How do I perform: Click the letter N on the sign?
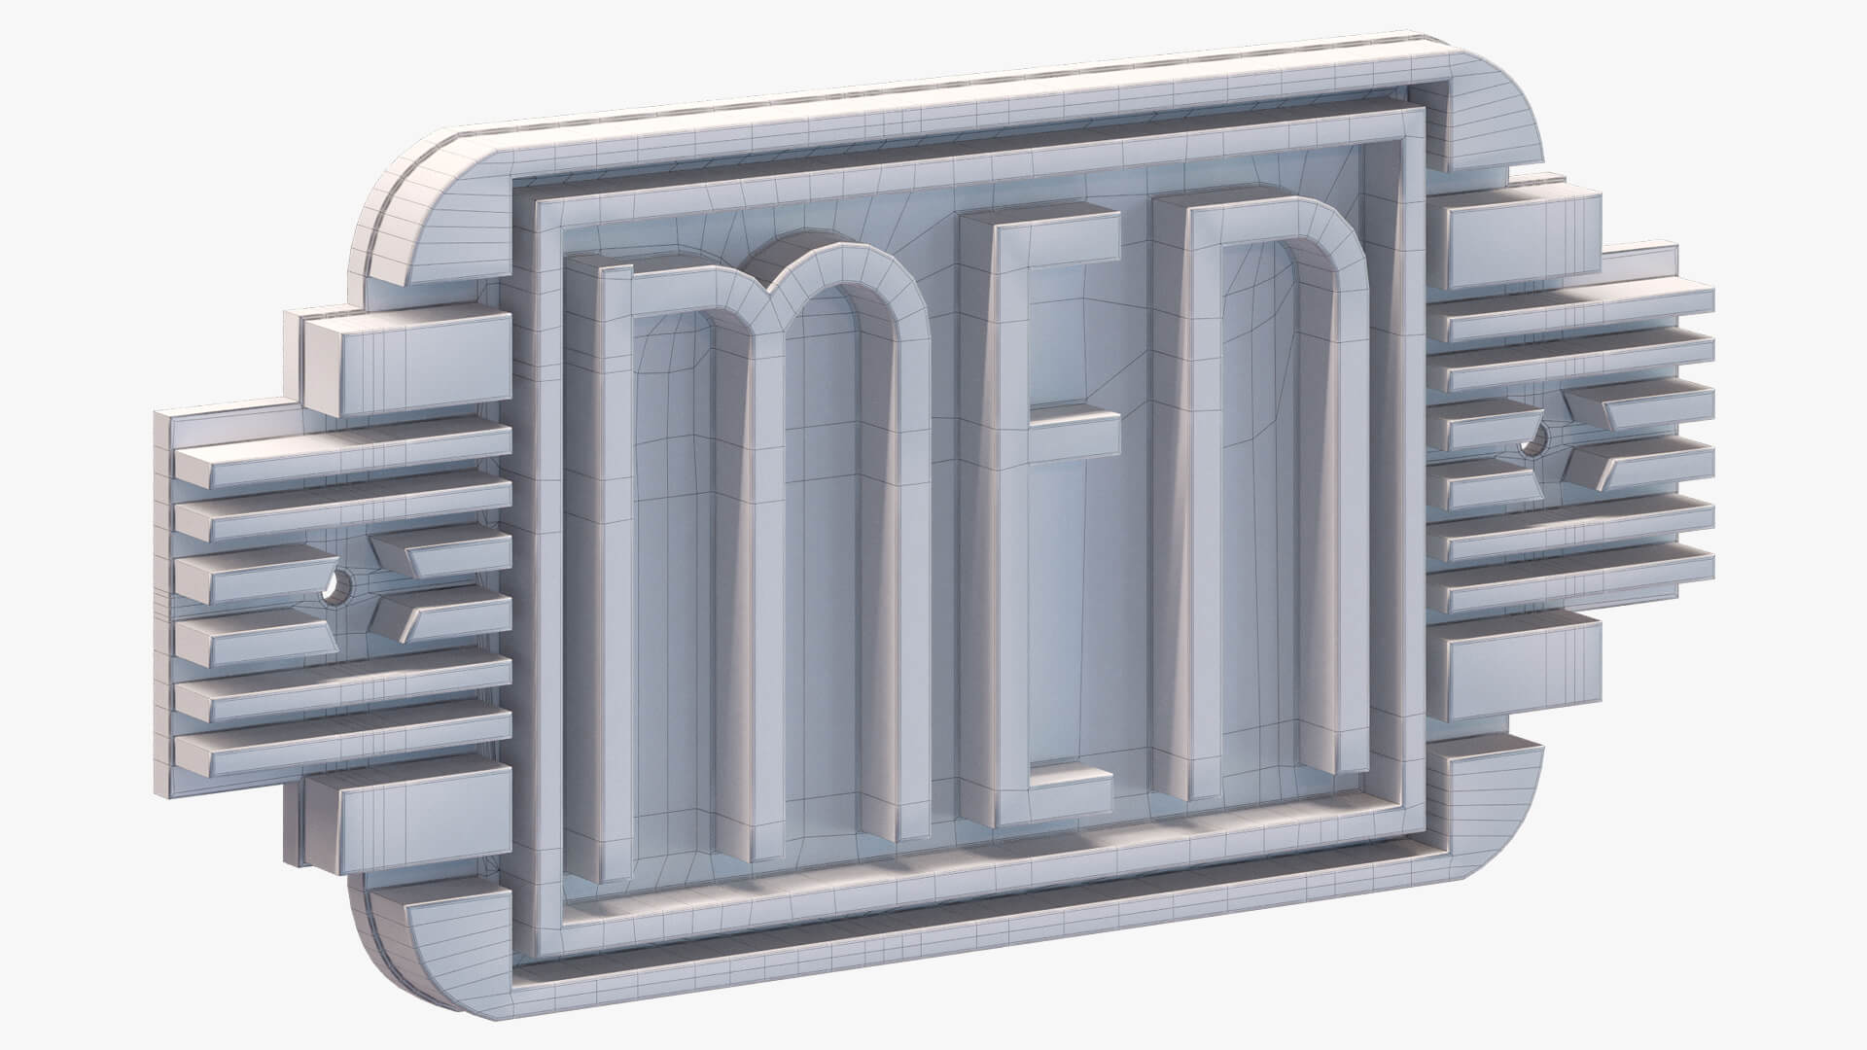[1264, 486]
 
